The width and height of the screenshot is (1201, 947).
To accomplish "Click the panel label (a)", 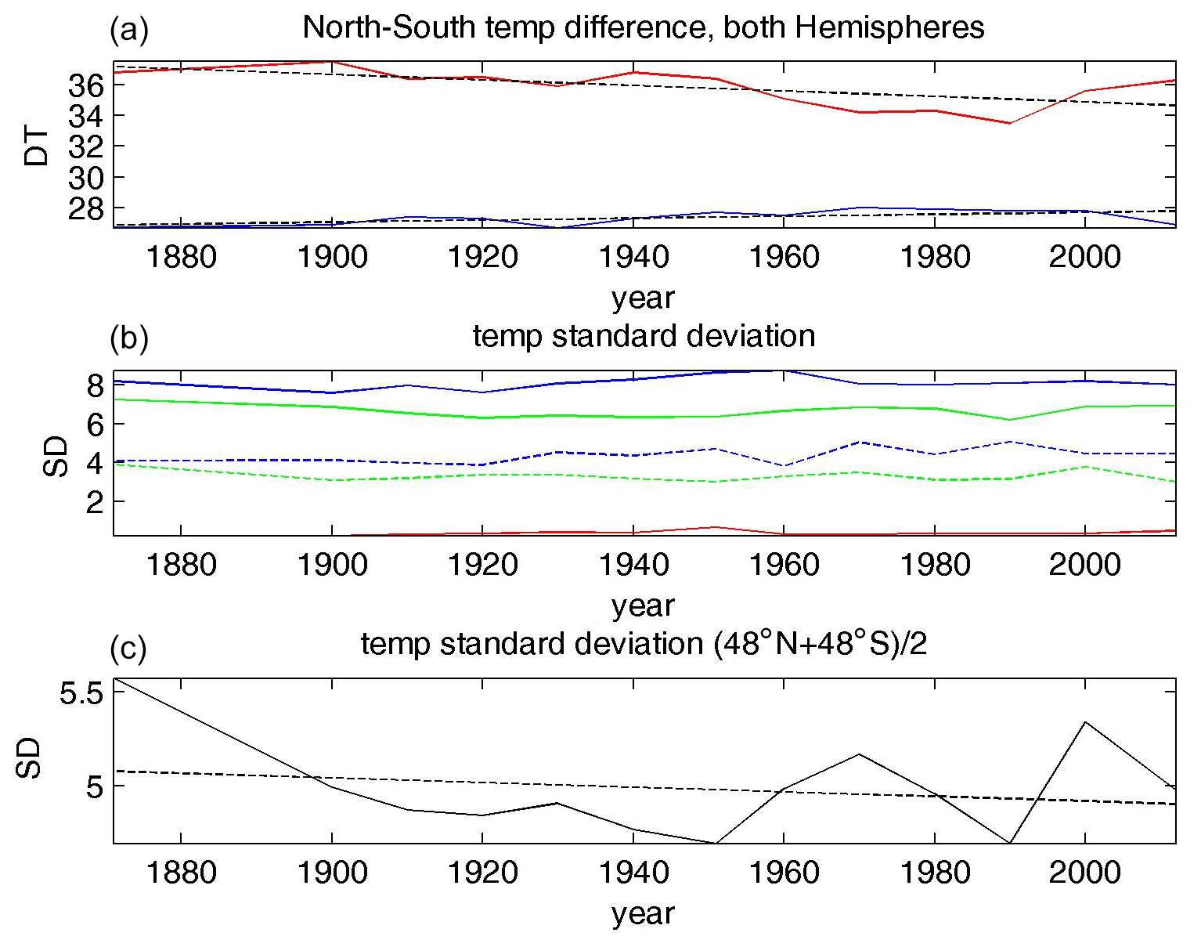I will (129, 30).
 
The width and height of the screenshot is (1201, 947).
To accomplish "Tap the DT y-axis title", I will (36, 146).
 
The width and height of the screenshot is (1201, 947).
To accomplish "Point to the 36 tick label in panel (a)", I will (85, 85).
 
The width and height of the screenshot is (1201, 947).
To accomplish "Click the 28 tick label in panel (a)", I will (85, 208).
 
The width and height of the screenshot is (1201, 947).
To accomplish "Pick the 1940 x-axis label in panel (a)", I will (633, 257).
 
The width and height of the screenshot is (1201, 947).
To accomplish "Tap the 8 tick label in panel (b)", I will (95, 385).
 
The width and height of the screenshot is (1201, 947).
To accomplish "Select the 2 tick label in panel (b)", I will (95, 501).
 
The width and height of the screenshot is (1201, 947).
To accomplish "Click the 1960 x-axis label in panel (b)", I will (784, 565).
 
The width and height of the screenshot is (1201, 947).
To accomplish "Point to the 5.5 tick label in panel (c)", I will (81, 693).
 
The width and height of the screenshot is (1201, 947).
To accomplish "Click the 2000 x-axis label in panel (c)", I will (1084, 873).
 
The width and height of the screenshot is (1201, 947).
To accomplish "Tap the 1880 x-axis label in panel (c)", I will (181, 873).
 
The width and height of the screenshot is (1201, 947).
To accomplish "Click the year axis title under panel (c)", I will (643, 913).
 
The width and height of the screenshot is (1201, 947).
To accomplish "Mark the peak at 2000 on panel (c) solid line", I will (1084, 721).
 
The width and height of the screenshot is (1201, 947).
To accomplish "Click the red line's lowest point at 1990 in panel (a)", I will (1009, 123).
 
